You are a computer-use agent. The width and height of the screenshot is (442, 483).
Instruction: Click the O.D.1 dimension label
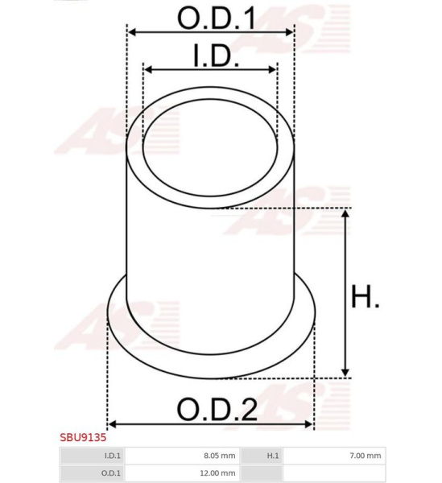pyautogui.click(x=217, y=19)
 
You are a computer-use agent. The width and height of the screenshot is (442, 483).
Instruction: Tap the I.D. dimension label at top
pyautogui.click(x=217, y=56)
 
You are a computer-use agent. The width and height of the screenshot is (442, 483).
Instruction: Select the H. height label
pyautogui.click(x=366, y=296)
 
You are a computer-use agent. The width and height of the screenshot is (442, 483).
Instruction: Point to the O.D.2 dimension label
pyautogui.click(x=217, y=410)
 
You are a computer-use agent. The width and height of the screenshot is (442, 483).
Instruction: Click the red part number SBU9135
pyautogui.click(x=83, y=437)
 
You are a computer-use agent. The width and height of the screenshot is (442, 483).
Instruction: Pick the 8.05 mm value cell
pyautogui.click(x=182, y=456)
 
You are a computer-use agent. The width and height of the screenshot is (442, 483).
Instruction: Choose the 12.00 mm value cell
pyautogui.click(x=182, y=473)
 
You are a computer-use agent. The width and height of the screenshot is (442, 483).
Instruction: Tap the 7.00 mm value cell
pyautogui.click(x=334, y=456)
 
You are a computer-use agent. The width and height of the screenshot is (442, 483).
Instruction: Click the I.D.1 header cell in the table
pyautogui.click(x=93, y=456)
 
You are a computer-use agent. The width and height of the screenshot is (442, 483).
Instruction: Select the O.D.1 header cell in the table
pyautogui.click(x=93, y=473)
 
